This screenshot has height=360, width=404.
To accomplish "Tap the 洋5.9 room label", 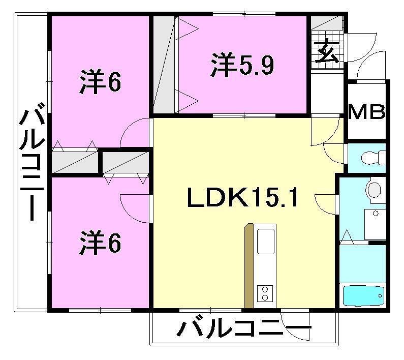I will coord(243,66).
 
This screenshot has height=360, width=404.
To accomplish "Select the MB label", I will coord(366,111).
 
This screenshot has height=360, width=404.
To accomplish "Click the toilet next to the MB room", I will coord(372,158).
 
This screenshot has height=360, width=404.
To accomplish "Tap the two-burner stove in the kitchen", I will coord(265,293).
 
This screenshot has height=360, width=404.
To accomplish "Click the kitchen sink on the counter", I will coord(266,241).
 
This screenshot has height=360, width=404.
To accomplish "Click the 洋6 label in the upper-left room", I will coord(100,82).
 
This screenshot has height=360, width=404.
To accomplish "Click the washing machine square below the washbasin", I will coord(377,224).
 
